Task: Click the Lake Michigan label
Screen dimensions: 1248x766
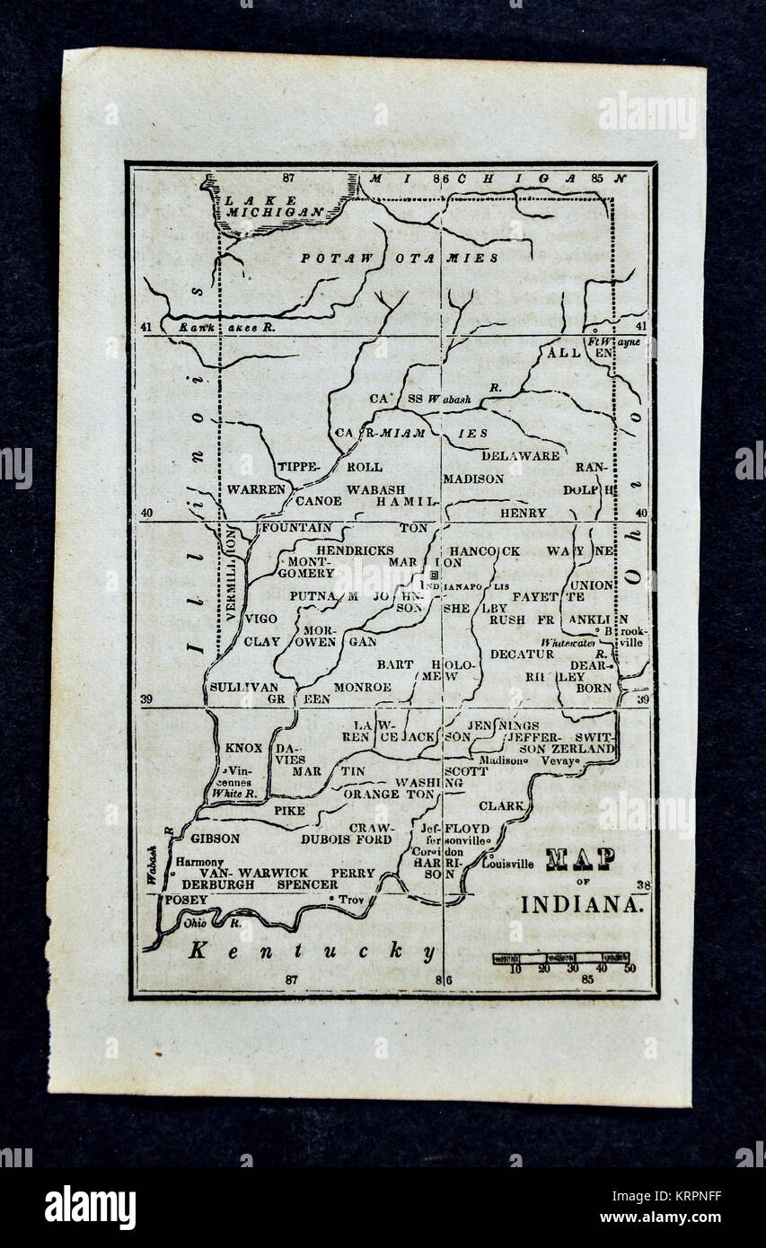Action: [261, 206]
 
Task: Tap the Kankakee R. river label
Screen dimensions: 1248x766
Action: [218, 329]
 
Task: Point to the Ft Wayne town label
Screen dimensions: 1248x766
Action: [615, 342]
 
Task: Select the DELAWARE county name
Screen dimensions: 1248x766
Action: [520, 455]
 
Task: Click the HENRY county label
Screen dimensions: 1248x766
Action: [524, 513]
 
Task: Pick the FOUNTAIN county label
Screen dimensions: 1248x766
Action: [295, 528]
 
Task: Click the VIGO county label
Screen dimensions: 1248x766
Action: [260, 619]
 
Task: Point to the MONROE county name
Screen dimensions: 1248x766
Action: [362, 687]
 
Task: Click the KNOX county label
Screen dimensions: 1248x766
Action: [243, 747]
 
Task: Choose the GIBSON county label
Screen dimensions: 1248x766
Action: [215, 839]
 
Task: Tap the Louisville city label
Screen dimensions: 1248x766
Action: [507, 864]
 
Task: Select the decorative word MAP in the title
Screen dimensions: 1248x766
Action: [580, 859]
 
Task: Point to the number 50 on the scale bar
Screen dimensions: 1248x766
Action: [630, 968]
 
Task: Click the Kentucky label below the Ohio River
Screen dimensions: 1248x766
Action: [312, 952]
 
